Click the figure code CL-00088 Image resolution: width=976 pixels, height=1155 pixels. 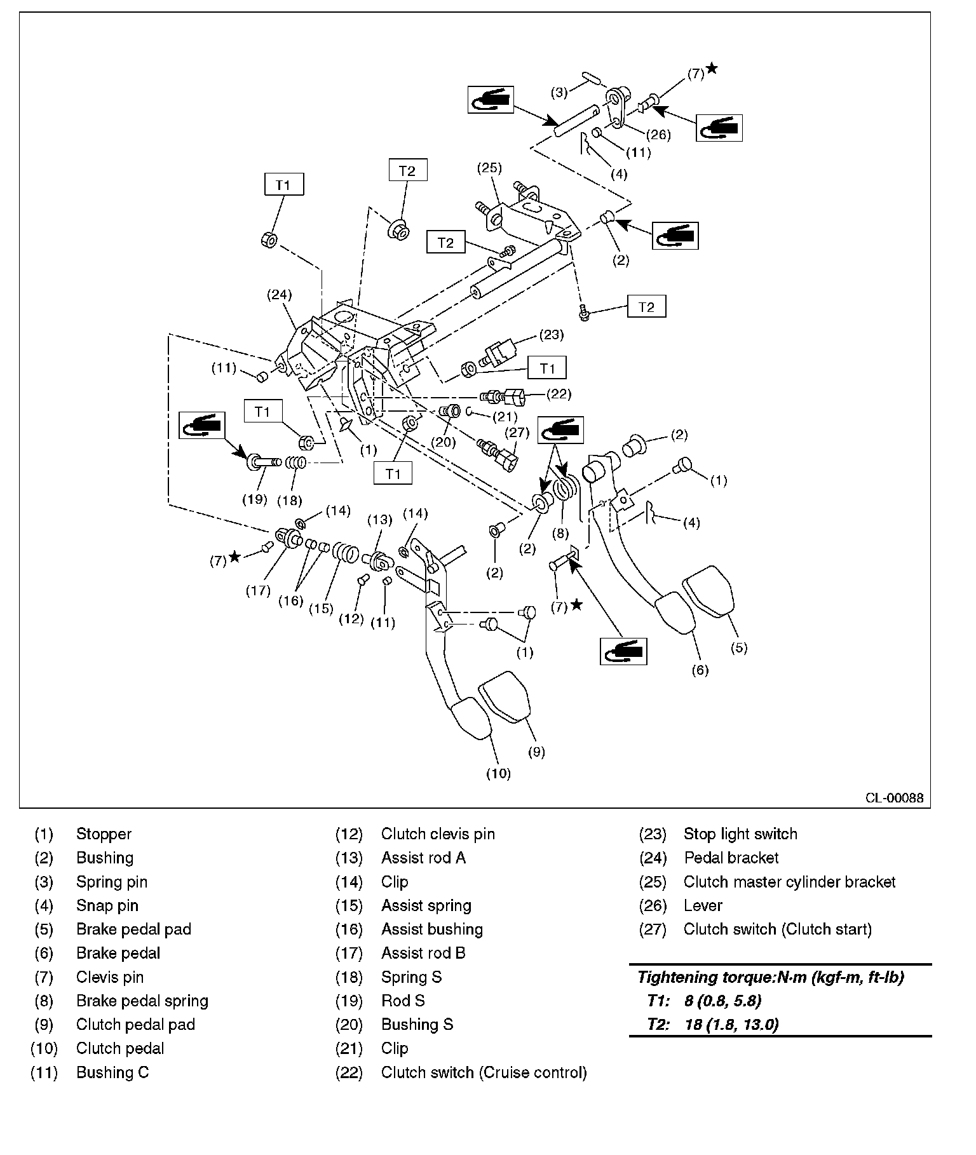coord(894,798)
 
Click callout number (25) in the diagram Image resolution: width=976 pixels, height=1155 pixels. coord(490,168)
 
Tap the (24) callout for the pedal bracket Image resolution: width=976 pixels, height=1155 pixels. coord(280,294)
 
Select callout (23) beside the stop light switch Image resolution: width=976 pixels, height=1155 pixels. coord(551,334)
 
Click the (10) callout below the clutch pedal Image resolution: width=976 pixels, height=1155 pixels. coord(498,773)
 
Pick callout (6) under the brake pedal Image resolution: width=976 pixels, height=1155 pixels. coord(700,670)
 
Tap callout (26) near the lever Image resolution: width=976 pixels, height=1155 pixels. coord(658,135)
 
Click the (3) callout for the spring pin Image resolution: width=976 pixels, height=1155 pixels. coord(559,93)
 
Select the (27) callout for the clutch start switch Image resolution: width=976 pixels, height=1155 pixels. coord(517,433)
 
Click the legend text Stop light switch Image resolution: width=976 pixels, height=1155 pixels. coord(740,834)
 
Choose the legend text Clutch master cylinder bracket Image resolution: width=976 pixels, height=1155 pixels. coord(789,882)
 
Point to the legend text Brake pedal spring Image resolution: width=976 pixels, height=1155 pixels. coord(142,1001)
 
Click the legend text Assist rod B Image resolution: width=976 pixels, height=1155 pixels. coord(423,953)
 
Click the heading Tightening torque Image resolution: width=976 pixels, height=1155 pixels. coord(770,977)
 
